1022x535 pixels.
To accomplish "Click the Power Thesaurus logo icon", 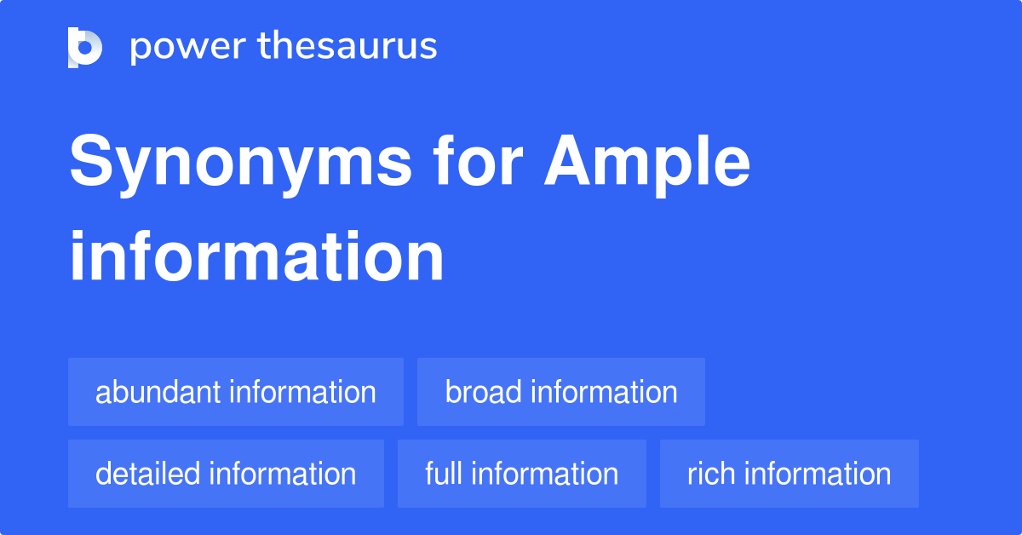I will pos(85,47).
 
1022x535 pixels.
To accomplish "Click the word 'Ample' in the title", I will pos(647,164).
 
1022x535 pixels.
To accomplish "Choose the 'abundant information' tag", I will pos(236,392).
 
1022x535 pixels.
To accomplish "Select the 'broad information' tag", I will pos(561,392).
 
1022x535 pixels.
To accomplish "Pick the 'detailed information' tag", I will pos(226,474).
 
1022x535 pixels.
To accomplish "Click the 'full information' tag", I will pos(522,474).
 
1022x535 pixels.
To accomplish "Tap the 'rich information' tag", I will pos(789,474).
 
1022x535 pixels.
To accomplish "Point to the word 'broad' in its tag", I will pos(484,392).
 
